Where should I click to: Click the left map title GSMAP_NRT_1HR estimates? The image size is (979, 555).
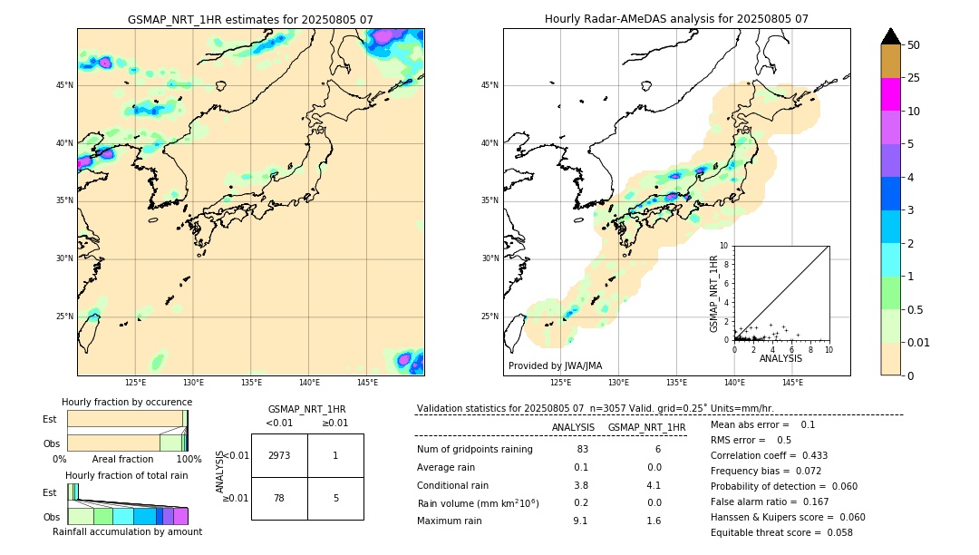[250, 19]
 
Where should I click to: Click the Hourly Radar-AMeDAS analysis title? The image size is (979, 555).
[676, 19]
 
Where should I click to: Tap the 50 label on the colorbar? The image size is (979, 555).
[914, 45]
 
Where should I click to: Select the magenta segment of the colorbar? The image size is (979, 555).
[890, 94]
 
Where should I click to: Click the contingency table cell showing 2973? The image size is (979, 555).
[279, 455]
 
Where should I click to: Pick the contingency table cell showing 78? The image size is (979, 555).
[279, 498]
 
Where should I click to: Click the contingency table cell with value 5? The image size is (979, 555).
[335, 498]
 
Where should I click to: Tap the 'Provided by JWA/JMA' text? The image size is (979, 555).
[555, 366]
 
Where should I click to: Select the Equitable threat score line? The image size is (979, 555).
[781, 532]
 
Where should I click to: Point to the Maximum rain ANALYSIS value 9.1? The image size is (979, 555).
[580, 521]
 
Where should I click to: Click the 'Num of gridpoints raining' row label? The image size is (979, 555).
[474, 450]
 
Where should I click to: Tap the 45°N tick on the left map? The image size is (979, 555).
[64, 85]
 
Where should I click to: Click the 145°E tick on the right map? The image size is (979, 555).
[792, 383]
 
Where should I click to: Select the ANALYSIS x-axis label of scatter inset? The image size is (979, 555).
[780, 359]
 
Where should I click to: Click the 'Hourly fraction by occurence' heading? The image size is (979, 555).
[127, 402]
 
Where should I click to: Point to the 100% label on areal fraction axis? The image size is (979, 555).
[189, 460]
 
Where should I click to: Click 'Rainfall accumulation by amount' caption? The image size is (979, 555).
[127, 532]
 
